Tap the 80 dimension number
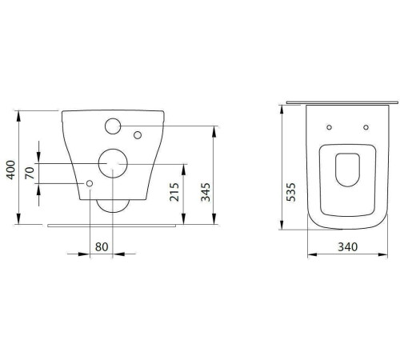[102, 247]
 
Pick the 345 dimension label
[206, 192]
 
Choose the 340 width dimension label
[346, 246]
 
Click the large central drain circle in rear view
[112, 163]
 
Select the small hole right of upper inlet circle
[137, 134]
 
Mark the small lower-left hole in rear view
[90, 184]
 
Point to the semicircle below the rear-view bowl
[112, 206]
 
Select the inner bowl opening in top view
[347, 169]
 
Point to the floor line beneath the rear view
[112, 225]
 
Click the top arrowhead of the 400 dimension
[18, 110]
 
